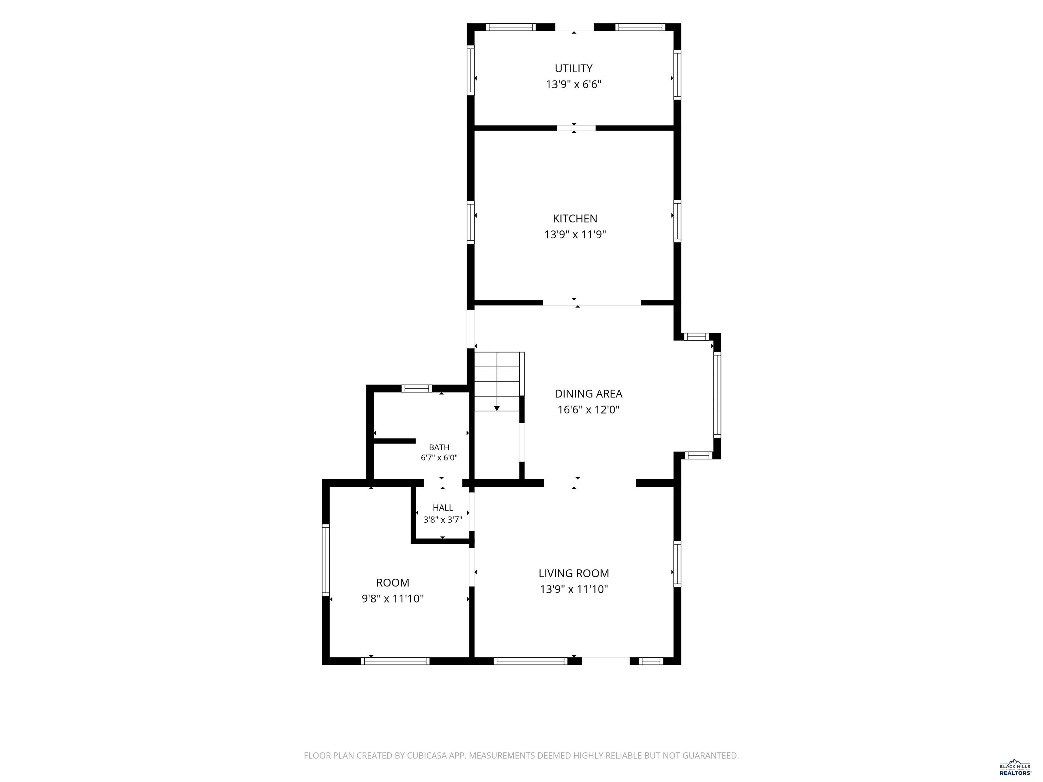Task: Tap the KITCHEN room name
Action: pos(575,219)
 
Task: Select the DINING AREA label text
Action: pos(588,394)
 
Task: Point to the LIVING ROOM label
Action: pos(574,573)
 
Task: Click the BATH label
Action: pos(439,447)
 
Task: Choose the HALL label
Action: pos(443,508)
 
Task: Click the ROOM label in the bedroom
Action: pos(393,583)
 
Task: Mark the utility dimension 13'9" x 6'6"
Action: pos(573,85)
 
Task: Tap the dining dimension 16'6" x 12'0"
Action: pos(588,410)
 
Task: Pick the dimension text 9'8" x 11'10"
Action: pos(393,599)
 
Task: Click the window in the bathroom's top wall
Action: pos(416,388)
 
